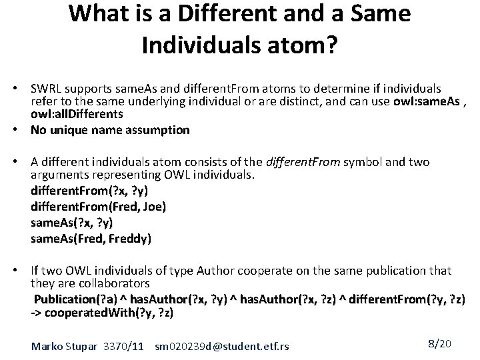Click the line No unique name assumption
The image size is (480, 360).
tap(110, 130)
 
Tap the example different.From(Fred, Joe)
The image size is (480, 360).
tap(98, 207)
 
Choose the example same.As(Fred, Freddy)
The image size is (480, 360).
tap(91, 238)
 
